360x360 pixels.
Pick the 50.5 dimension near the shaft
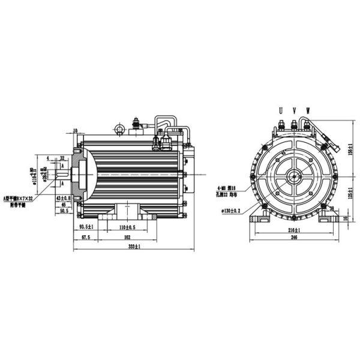click(62, 211)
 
